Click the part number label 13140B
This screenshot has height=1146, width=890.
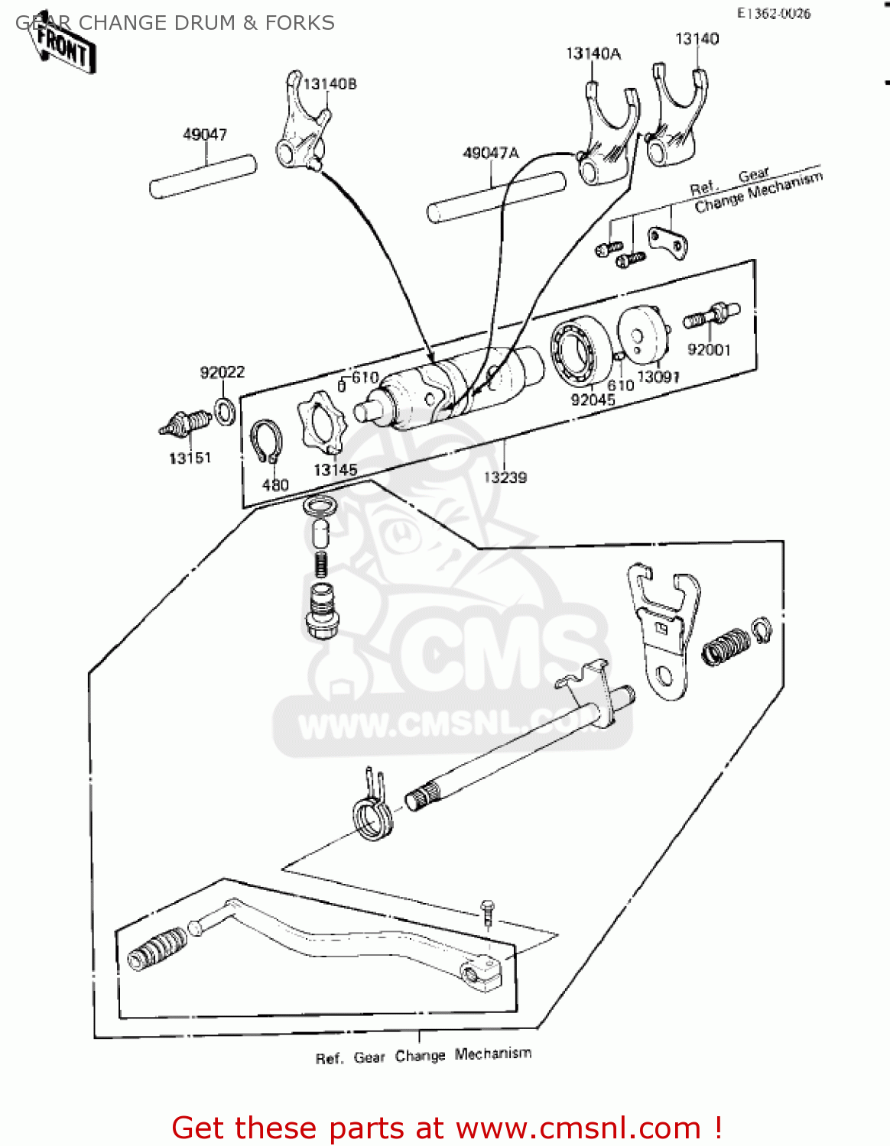tap(330, 84)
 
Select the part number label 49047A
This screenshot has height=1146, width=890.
tap(490, 154)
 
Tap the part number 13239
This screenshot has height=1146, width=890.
tap(505, 477)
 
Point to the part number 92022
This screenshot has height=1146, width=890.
tap(222, 372)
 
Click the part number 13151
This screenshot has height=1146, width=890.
tap(190, 458)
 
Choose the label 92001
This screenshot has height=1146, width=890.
tap(709, 350)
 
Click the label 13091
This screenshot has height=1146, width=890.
tap(658, 377)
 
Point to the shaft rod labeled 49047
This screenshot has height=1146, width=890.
tap(203, 176)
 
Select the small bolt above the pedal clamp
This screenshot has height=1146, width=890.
tap(488, 911)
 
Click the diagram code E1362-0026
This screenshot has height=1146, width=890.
tap(773, 13)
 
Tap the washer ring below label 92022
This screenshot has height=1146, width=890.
tap(225, 412)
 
